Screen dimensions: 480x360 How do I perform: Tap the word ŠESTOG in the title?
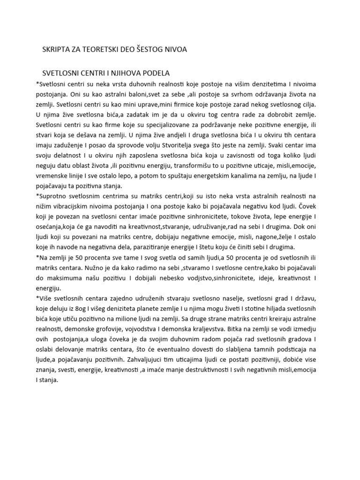click(x=140, y=49)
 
